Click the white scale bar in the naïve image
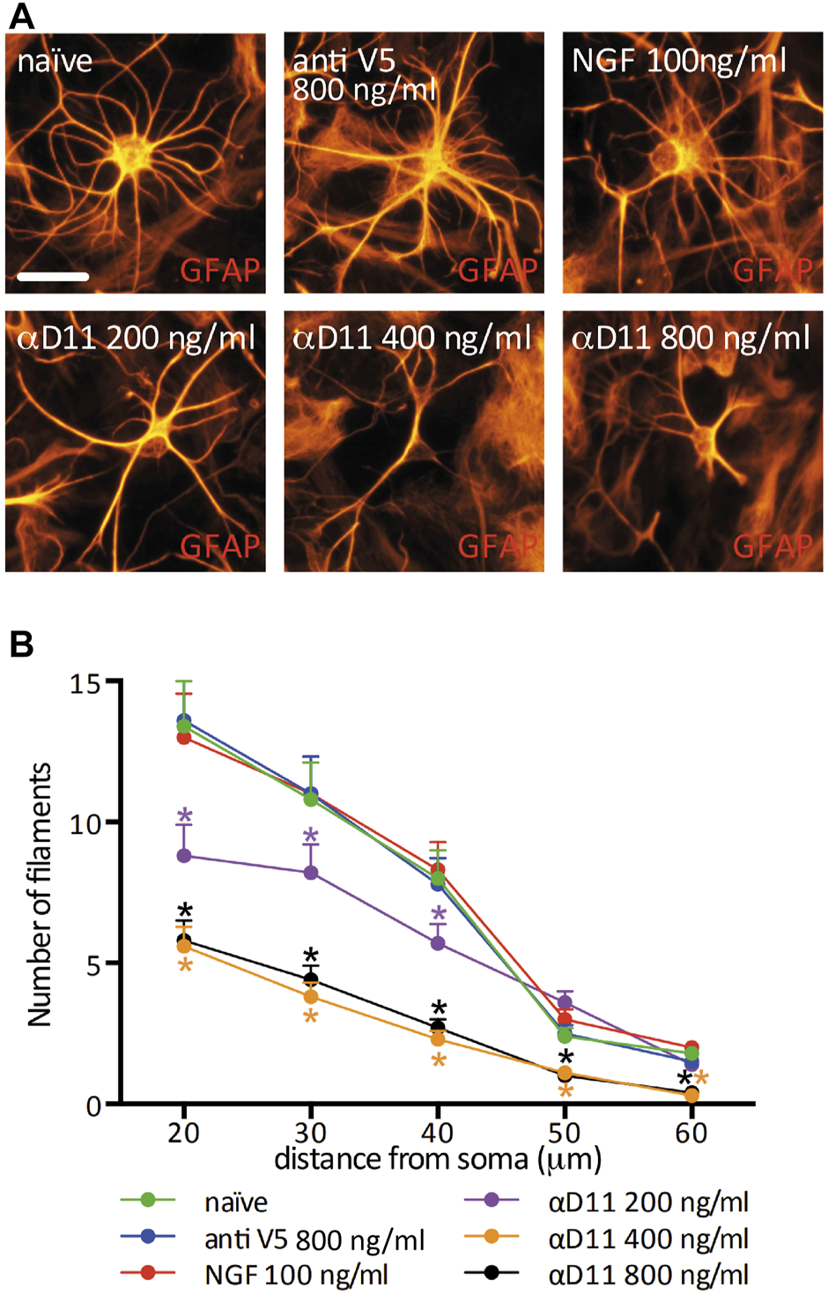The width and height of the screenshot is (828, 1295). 53,276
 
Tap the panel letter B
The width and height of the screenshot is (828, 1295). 21,644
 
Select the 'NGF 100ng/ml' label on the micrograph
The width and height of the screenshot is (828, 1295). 678,61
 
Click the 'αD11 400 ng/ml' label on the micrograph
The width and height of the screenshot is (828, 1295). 411,338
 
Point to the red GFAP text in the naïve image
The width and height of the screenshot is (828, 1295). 220,270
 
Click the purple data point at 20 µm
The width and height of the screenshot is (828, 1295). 184,855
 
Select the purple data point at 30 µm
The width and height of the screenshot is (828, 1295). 311,873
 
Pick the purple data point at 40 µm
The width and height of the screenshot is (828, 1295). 438,943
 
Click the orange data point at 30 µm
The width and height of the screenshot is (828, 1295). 311,996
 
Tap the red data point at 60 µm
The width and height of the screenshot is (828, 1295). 691,1047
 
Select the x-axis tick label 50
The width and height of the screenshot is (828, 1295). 565,1132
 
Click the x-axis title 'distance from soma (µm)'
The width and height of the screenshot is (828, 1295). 438,1158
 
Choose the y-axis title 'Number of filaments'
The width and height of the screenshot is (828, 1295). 40,894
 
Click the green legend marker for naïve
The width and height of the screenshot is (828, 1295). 148,1200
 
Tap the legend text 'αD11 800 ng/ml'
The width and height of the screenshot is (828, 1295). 648,1274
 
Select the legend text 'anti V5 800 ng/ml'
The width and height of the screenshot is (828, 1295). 314,1239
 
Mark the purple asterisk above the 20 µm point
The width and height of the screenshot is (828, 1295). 185,815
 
